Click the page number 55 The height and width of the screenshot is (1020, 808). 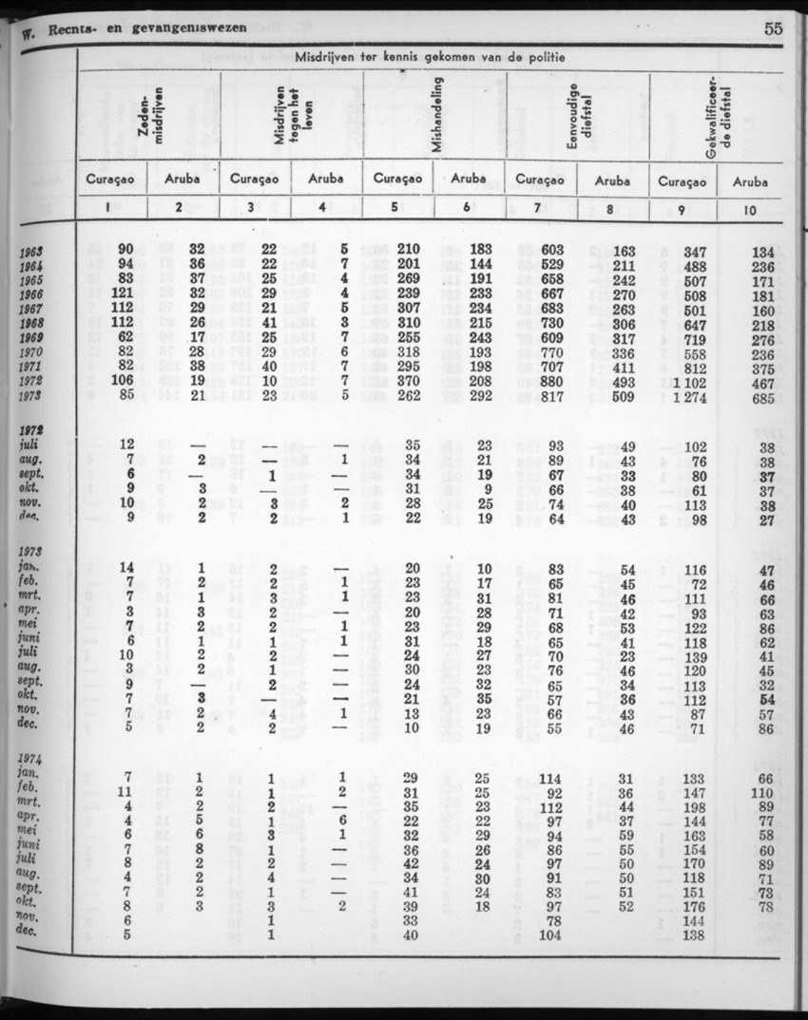[x=772, y=28]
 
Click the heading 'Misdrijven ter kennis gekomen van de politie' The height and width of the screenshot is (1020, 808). [x=430, y=59]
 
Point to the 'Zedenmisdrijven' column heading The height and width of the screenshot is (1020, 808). [x=152, y=119]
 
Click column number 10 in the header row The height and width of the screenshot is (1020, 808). [x=751, y=210]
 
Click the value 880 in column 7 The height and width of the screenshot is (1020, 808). [x=552, y=382]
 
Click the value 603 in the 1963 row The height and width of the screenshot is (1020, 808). [x=552, y=250]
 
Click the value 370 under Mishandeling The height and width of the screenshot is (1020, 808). [x=409, y=382]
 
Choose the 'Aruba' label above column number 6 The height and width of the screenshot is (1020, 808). [x=469, y=179]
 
